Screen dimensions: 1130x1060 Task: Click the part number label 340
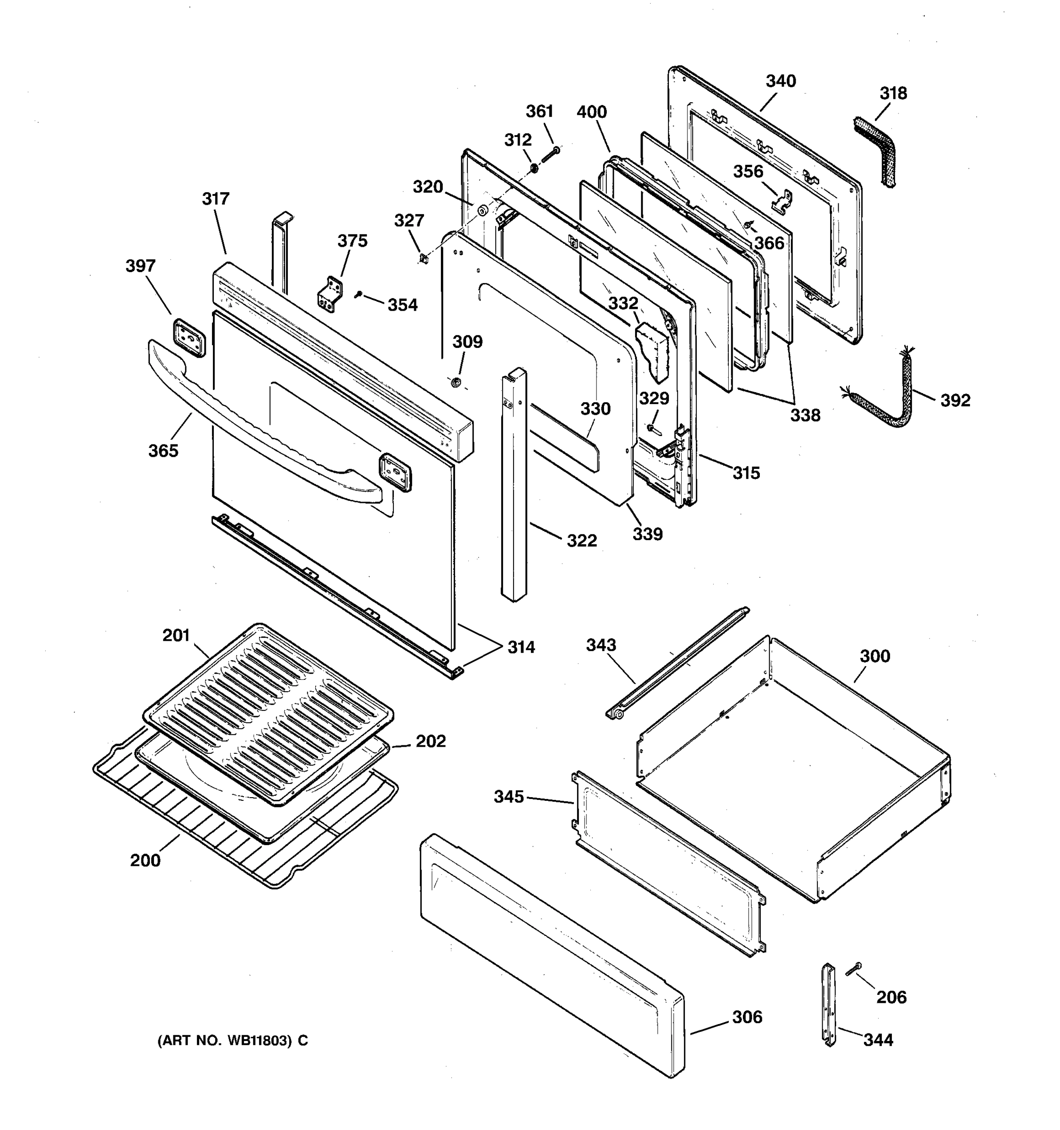coord(780,81)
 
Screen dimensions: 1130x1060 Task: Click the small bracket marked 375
coord(330,294)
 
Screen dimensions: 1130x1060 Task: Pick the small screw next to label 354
coord(358,294)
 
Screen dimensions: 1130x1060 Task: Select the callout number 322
coord(581,541)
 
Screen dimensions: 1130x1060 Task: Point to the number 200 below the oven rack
coord(145,861)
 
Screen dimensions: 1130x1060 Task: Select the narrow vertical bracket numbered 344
coord(829,1005)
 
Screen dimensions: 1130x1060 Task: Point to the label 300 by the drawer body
coord(874,656)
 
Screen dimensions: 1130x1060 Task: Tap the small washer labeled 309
coord(456,382)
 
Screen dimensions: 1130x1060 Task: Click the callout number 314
coord(521,647)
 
